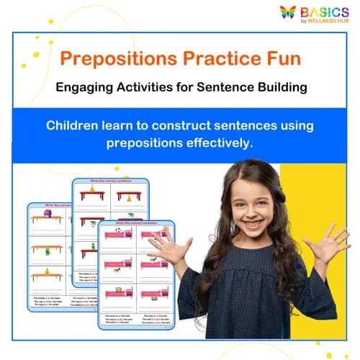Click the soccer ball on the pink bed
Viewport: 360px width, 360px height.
pos(117,232)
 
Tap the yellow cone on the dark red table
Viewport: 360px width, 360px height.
pos(129,197)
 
